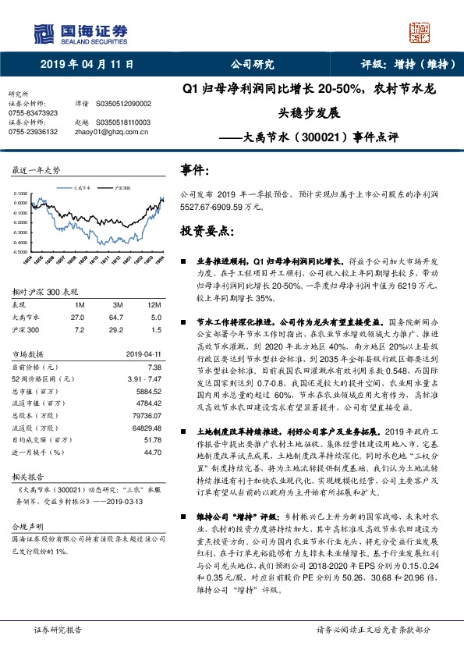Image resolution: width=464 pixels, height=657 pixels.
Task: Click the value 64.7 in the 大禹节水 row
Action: (x=118, y=318)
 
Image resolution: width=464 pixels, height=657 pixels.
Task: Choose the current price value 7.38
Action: (x=154, y=366)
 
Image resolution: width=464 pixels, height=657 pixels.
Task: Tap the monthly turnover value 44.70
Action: (x=152, y=452)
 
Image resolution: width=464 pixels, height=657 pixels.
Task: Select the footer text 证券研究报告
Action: (x=57, y=629)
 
